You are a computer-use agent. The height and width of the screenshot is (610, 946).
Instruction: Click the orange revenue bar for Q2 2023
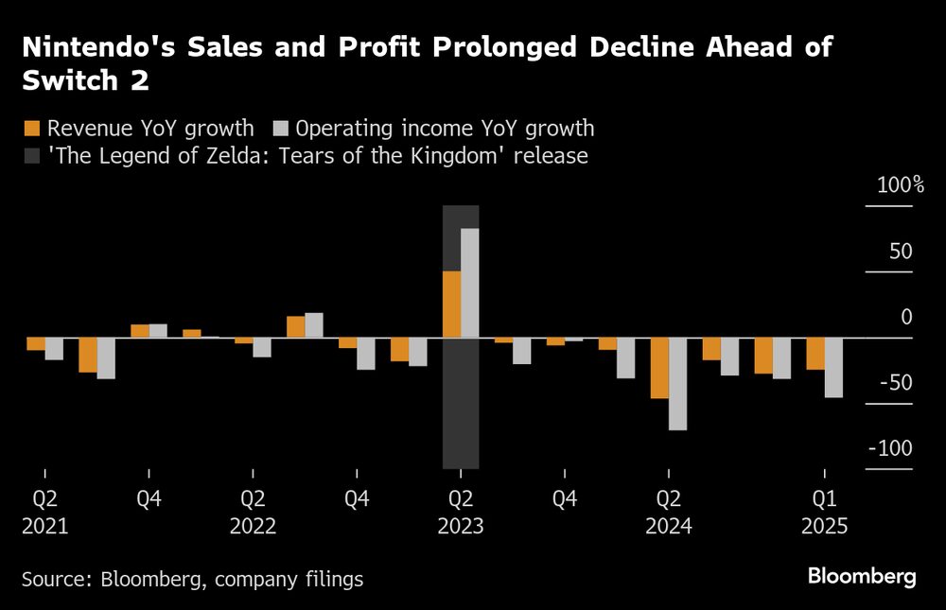[x=452, y=305]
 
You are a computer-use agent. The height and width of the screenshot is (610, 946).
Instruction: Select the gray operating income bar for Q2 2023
[x=469, y=283]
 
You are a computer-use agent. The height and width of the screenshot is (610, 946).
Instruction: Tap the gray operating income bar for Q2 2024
[x=677, y=384]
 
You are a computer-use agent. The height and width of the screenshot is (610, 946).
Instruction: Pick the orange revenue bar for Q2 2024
[x=659, y=368]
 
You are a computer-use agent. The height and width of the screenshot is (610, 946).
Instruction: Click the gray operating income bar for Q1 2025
[x=833, y=367]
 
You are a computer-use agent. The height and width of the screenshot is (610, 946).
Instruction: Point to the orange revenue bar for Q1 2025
[x=815, y=354]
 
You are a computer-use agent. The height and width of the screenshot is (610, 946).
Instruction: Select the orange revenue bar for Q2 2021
[x=36, y=344]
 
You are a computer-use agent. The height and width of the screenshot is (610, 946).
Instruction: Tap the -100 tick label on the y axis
[x=892, y=449]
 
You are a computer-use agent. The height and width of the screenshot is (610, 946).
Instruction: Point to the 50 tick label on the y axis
[x=901, y=252]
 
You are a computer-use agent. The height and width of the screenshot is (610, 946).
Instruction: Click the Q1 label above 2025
[x=824, y=497]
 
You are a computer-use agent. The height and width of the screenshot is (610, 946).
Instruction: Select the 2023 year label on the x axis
[x=461, y=526]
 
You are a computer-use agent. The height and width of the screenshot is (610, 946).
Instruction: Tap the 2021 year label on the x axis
[x=44, y=526]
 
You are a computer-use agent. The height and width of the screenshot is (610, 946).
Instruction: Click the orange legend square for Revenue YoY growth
[x=31, y=129]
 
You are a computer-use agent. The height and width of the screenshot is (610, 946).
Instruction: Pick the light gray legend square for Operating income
[x=280, y=129]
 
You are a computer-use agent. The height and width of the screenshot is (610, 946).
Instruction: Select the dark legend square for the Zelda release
[x=31, y=155]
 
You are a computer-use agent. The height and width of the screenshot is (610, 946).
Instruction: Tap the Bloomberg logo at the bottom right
[x=862, y=577]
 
